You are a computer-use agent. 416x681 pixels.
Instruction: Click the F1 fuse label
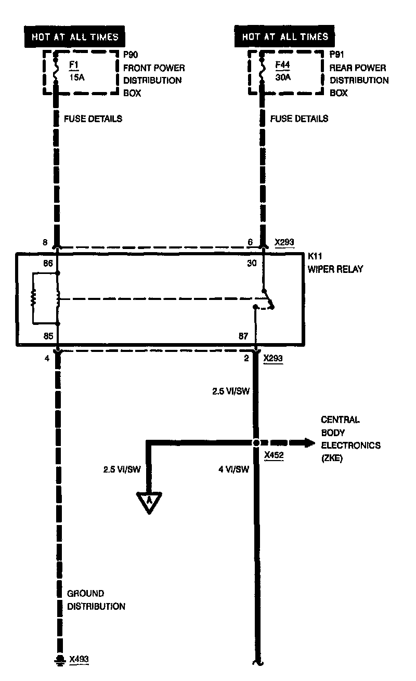[x=74, y=65]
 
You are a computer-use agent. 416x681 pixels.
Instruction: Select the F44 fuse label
[x=282, y=65]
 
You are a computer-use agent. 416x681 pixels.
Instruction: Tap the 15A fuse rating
[x=77, y=77]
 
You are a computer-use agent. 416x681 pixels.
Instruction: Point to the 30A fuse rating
[x=283, y=77]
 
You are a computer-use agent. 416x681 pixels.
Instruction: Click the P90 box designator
[x=131, y=55]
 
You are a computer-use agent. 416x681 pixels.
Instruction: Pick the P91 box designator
[x=337, y=55]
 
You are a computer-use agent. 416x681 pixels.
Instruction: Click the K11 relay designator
[x=315, y=256]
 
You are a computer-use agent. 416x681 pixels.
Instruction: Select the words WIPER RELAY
[x=335, y=269]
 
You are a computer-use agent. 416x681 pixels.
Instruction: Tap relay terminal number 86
[x=48, y=263]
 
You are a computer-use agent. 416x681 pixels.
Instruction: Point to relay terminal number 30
[x=252, y=263]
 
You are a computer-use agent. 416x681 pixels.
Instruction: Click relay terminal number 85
[x=48, y=336]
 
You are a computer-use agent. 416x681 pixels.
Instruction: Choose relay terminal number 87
[x=243, y=336]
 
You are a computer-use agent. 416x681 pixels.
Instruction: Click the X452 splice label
[x=274, y=455]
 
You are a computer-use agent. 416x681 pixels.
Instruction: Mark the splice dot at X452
[x=256, y=443]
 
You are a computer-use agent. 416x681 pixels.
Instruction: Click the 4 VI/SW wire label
[x=233, y=469]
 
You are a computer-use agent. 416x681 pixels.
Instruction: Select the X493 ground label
[x=79, y=659]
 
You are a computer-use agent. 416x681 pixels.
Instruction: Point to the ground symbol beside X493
[x=60, y=660]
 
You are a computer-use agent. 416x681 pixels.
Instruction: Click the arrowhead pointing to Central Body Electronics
[x=309, y=443]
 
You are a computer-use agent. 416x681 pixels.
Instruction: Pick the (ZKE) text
[x=332, y=458]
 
